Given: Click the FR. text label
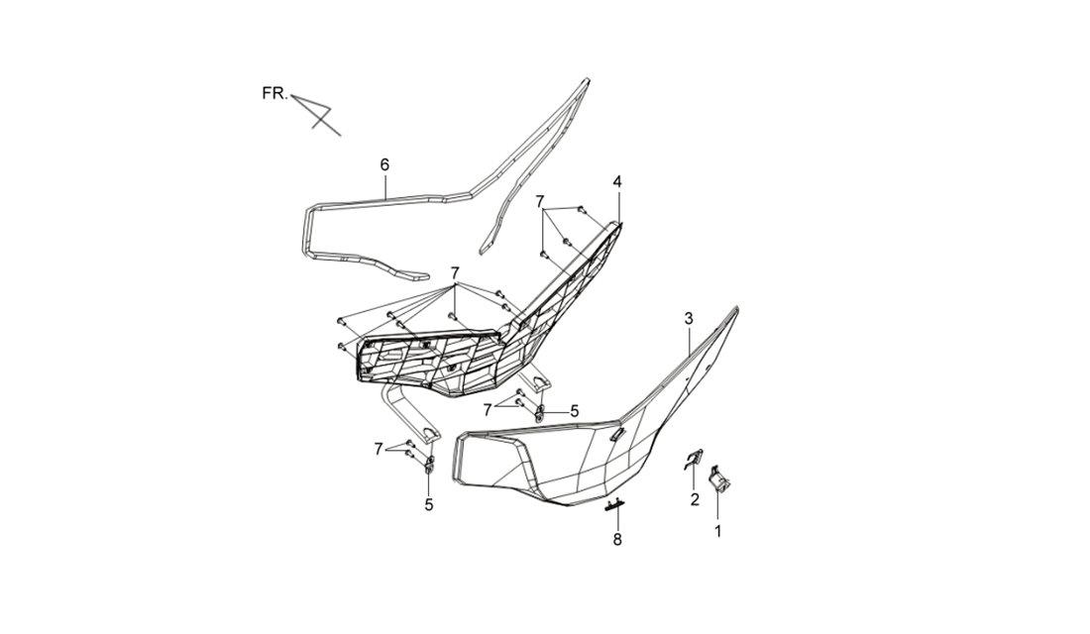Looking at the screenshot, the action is click(274, 93).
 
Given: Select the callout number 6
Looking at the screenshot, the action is click(384, 164).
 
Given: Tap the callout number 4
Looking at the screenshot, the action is click(617, 181).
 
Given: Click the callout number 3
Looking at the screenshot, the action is click(689, 318).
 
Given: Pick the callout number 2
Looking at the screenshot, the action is click(695, 499).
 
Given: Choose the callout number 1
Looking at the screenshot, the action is click(718, 532).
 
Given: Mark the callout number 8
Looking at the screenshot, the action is click(617, 540).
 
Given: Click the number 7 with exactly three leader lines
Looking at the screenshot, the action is click(540, 202).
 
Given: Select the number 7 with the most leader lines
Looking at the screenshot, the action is click(455, 271).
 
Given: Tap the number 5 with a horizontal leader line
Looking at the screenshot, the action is click(574, 411).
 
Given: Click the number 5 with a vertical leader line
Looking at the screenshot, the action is click(429, 504).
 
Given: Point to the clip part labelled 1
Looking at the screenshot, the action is click(717, 479).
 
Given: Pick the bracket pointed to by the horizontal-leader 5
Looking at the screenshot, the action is click(540, 412).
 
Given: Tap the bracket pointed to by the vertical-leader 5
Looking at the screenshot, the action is click(429, 465).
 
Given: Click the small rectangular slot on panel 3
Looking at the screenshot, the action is click(617, 434).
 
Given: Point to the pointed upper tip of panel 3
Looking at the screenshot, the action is click(736, 307).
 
